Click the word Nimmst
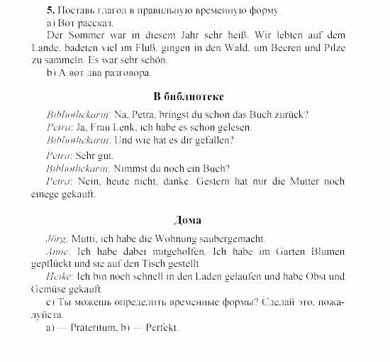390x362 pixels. point(133,168)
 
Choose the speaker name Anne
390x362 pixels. point(57,252)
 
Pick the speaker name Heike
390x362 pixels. point(58,276)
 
